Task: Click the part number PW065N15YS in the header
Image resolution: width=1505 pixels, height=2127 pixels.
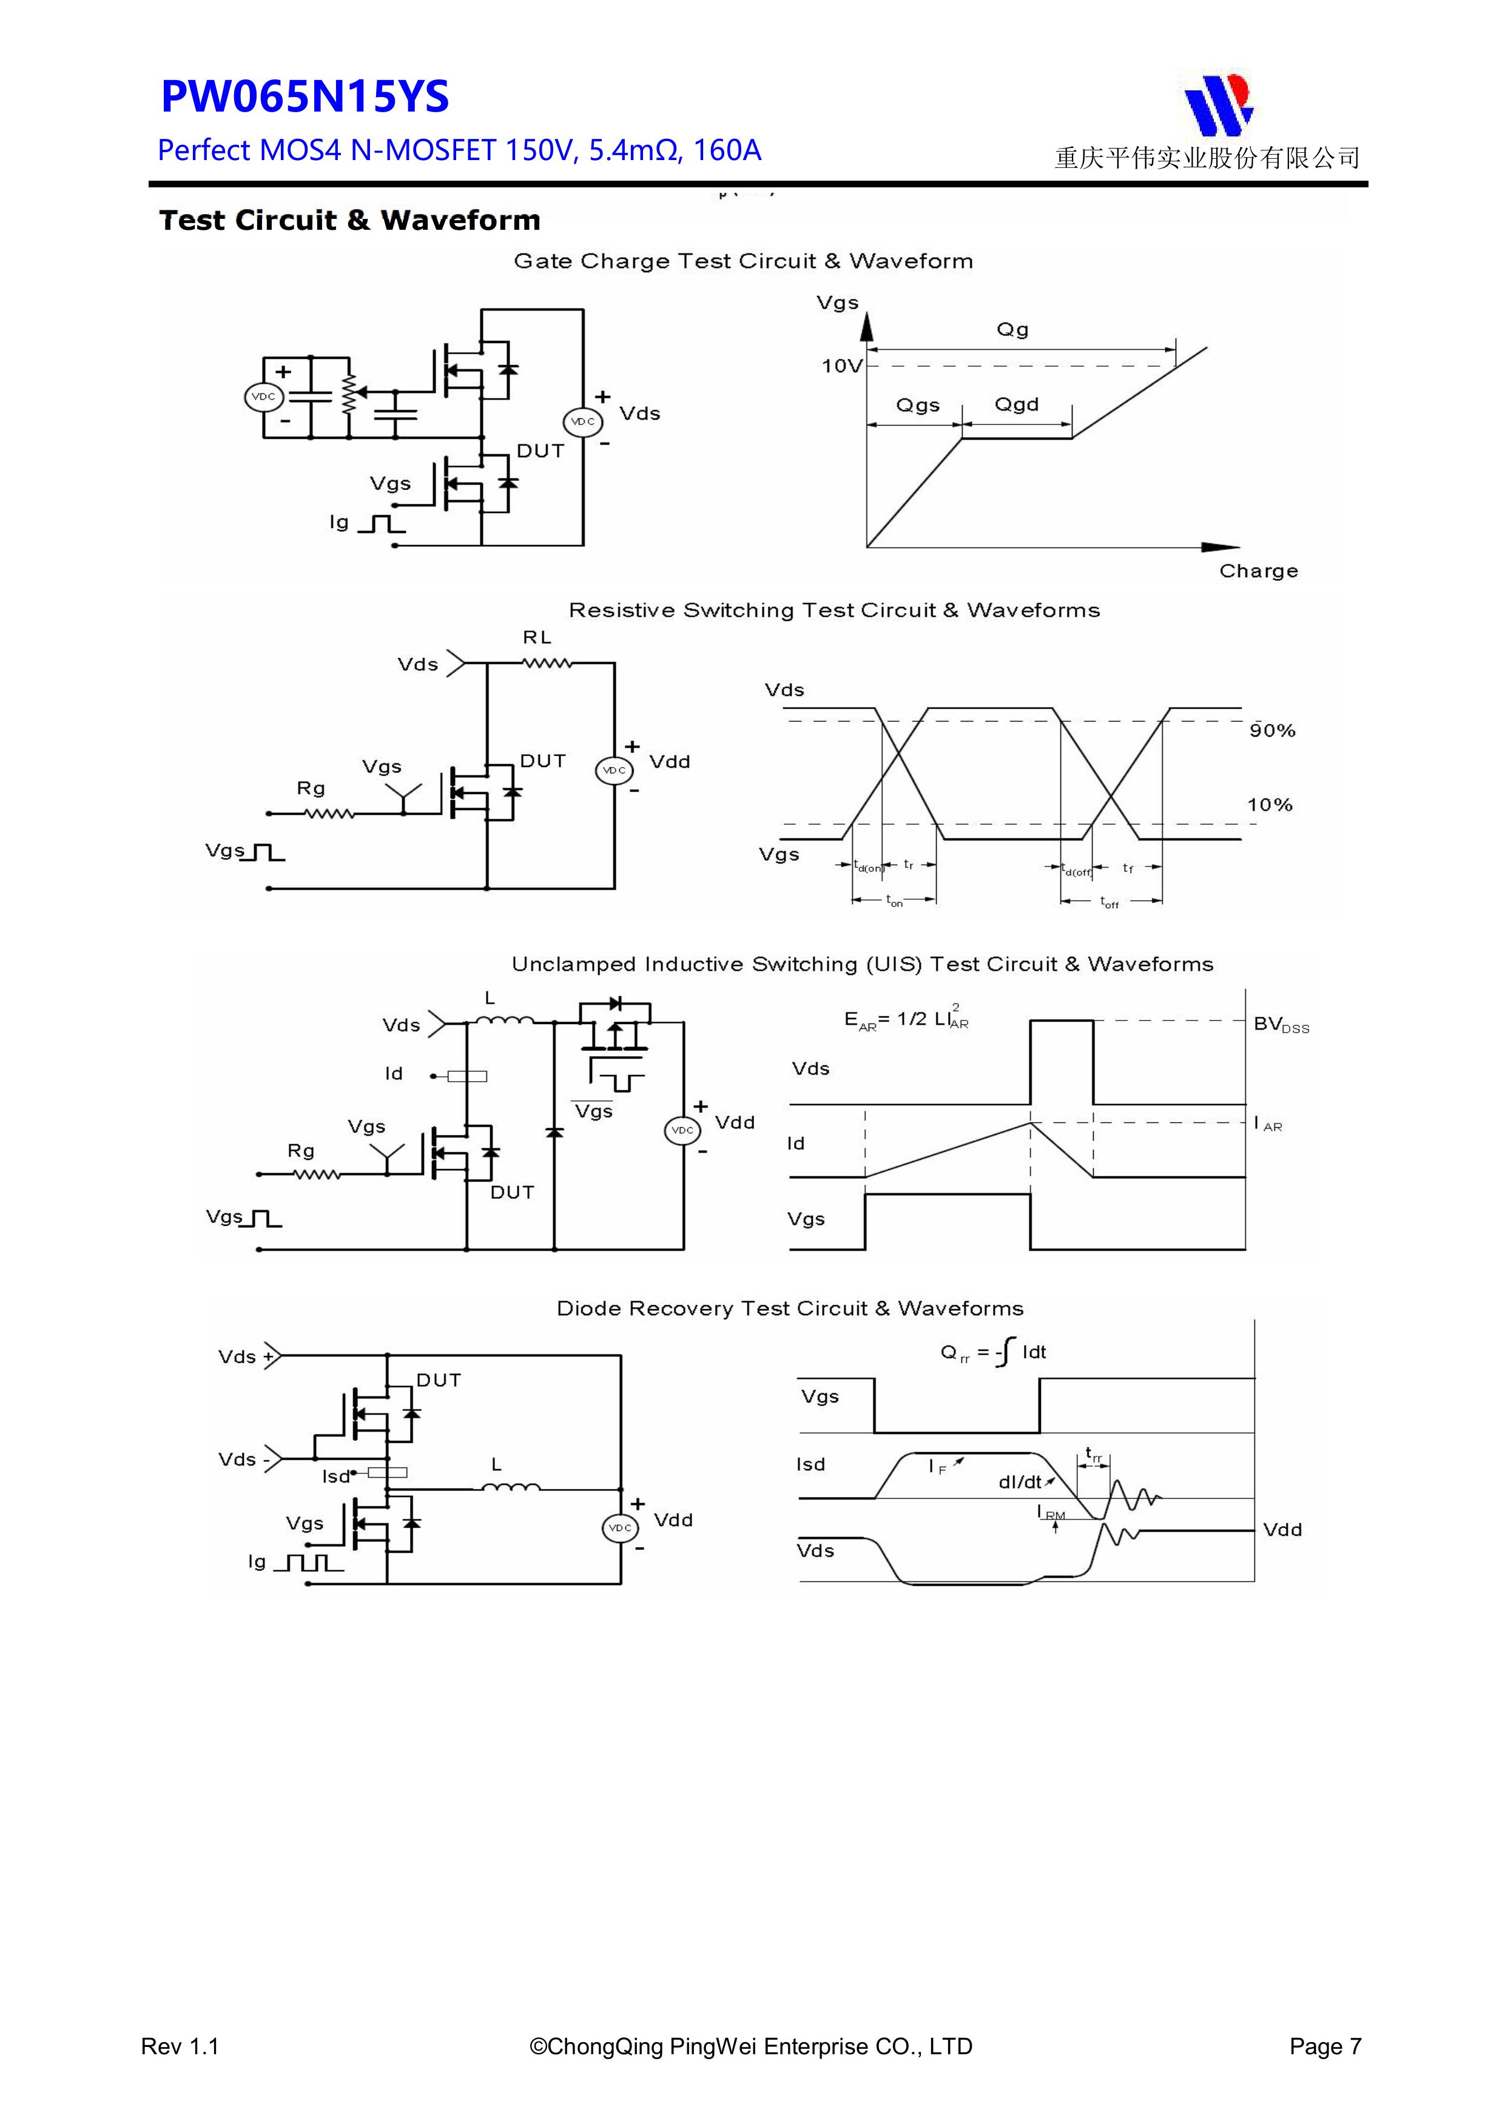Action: [305, 97]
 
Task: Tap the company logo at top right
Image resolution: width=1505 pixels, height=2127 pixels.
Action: [1217, 104]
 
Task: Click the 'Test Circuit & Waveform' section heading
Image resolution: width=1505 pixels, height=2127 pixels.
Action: [349, 221]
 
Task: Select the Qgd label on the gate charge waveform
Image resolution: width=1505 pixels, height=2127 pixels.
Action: [1017, 405]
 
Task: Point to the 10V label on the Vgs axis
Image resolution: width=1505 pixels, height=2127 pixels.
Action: [841, 366]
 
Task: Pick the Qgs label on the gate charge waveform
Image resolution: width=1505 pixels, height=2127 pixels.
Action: [917, 406]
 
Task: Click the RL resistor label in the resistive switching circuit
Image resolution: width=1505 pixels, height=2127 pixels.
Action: [537, 637]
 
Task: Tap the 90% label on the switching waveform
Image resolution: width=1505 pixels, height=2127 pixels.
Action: [1271, 731]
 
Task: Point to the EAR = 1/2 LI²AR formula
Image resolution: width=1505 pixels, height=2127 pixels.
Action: [906, 1019]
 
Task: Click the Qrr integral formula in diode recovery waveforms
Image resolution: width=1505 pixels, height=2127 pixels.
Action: [992, 1353]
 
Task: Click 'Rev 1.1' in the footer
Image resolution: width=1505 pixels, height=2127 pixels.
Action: [180, 2065]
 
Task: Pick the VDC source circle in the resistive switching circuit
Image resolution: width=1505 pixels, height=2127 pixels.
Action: [613, 771]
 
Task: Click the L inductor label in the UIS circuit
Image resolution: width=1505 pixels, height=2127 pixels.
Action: [490, 999]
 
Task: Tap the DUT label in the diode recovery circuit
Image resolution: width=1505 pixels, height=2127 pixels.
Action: [439, 1381]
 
